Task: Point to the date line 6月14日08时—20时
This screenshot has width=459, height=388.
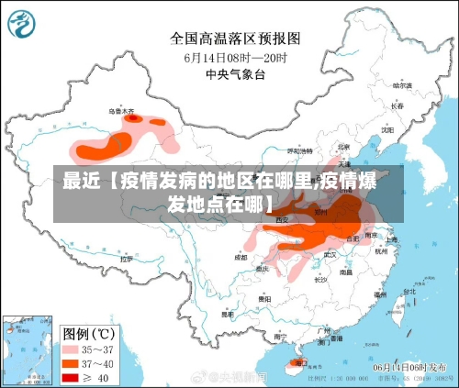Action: pyautogui.click(x=236, y=57)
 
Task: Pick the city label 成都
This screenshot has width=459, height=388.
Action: pyautogui.click(x=241, y=258)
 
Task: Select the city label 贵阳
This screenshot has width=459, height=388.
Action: pyautogui.click(x=264, y=299)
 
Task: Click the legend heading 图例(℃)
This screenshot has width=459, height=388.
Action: pyautogui.click(x=89, y=332)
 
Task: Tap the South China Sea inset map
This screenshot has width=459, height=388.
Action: pyautogui.click(x=27, y=349)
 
